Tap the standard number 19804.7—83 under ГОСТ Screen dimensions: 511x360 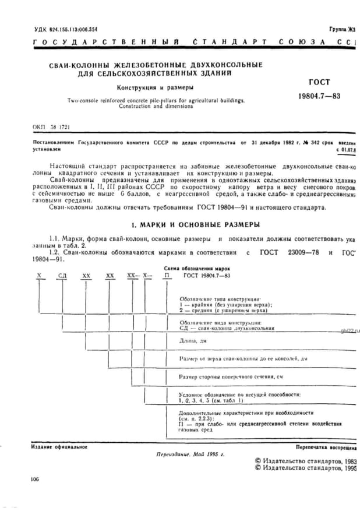tap(319, 96)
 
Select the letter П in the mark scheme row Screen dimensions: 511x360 tap(168, 274)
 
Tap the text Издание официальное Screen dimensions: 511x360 tap(58, 447)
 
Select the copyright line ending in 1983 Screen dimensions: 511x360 tap(306, 460)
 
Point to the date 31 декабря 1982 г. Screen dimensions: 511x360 tap(266, 142)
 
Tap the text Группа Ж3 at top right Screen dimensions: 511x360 tap(342, 29)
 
